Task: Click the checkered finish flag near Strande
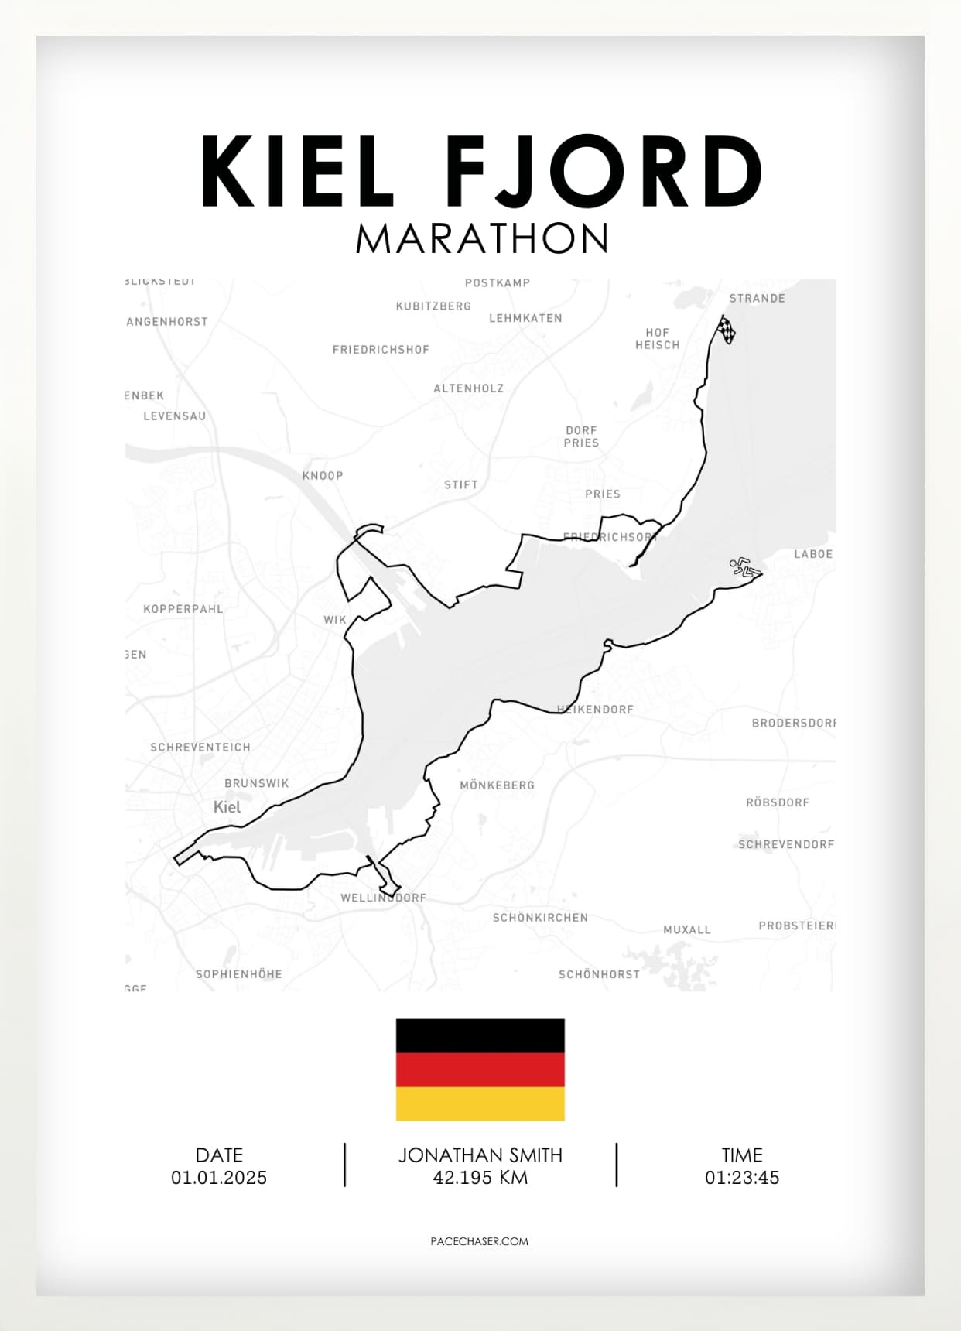coord(727,330)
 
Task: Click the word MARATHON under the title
coord(482,239)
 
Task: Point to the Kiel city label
coord(227,807)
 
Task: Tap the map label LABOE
coord(813,554)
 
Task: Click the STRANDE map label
coord(757,299)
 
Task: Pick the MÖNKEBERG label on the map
coord(497,785)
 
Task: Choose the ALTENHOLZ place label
coord(468,388)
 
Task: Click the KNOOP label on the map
coord(323,476)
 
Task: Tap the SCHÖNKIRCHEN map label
coord(540,918)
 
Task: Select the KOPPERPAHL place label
coord(183,609)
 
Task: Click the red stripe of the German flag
coord(480,1069)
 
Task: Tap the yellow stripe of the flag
coord(480,1103)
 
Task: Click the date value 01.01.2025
coord(219,1178)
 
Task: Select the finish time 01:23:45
coord(741,1178)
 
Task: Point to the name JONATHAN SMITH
coord(480,1155)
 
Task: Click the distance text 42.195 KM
coord(480,1178)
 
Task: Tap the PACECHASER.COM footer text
coord(479,1241)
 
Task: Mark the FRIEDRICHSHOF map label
coord(381,350)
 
